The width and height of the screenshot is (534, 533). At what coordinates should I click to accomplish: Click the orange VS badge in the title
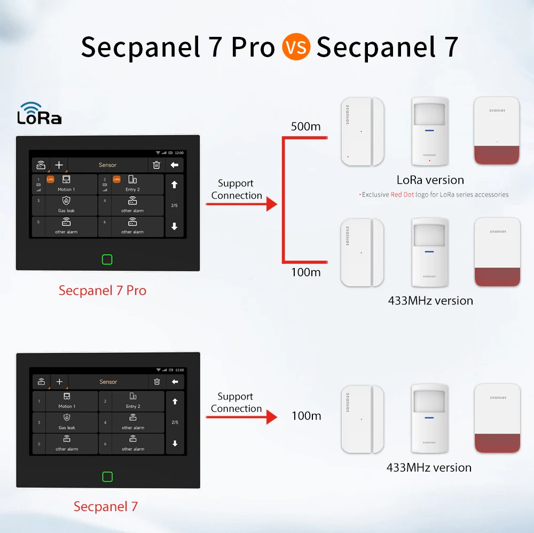(x=295, y=47)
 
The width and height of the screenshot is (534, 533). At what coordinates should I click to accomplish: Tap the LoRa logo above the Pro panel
(x=39, y=113)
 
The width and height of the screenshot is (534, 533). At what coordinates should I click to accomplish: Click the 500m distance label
(x=306, y=127)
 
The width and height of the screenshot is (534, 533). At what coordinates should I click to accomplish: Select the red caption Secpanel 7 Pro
(x=103, y=291)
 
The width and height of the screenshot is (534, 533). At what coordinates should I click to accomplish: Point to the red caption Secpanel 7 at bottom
(x=106, y=506)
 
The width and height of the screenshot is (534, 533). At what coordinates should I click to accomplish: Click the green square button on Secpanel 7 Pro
(x=107, y=260)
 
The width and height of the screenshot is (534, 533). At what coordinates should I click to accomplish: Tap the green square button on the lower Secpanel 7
(x=107, y=477)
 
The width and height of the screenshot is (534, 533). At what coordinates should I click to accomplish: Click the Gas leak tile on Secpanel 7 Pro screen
(x=66, y=205)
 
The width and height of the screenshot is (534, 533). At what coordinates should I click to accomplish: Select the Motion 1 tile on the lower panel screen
(x=66, y=401)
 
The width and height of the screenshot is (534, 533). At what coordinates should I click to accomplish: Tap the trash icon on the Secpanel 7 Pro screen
(x=156, y=165)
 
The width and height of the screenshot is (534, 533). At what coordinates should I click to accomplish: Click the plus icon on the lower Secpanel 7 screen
(x=59, y=382)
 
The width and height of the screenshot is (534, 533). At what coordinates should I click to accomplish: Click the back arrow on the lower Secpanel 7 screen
(x=174, y=382)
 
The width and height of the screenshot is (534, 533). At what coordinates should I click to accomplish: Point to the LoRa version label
(x=430, y=180)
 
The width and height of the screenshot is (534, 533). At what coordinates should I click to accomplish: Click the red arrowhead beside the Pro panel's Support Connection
(x=272, y=203)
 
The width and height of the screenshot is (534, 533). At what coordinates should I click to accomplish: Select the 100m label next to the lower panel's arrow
(x=307, y=416)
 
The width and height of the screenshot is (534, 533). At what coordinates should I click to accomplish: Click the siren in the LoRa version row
(x=497, y=130)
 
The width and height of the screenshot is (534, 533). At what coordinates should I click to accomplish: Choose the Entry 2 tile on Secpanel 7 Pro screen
(x=132, y=184)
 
